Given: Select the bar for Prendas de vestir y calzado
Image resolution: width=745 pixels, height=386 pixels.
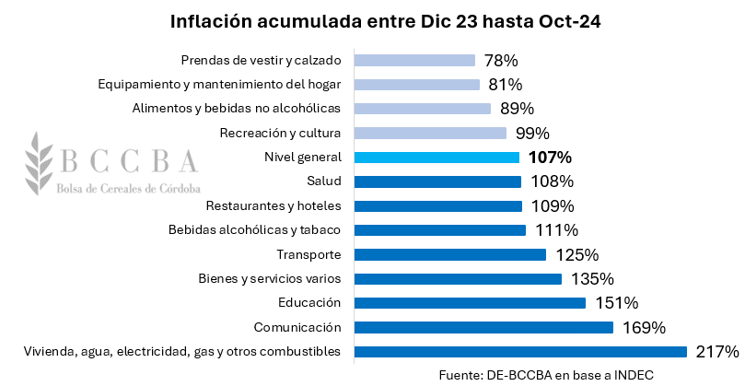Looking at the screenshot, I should point(414,61).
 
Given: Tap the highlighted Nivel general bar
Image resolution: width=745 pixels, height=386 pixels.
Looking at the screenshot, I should point(437,158).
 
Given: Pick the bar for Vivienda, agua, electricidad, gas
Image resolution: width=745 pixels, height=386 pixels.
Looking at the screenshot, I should point(520,351).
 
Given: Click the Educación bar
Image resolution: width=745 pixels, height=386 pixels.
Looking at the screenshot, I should point(470,302).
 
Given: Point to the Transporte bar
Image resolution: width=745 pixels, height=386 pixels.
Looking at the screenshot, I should point(449,254).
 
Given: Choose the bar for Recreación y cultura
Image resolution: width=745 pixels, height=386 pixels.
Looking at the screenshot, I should point(430,133).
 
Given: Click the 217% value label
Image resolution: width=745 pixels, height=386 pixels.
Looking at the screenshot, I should point(717,351).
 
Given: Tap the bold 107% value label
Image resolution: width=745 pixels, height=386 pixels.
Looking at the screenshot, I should point(550,158).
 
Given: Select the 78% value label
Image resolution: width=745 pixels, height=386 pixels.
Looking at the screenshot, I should point(501,61).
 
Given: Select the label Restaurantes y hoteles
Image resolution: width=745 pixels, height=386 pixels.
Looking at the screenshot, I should point(274,205).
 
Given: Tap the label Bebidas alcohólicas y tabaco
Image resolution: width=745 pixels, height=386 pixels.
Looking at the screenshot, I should point(255,230).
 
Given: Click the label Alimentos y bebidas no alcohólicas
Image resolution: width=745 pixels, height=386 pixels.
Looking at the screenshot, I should point(237,109).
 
